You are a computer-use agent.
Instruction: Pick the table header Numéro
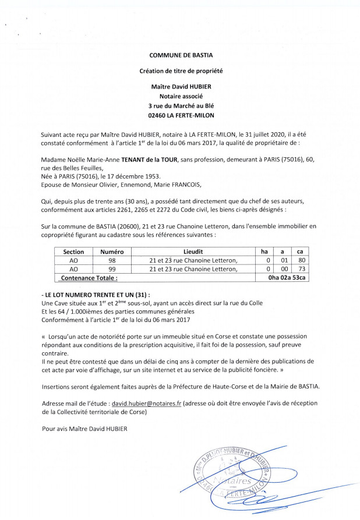[112, 252]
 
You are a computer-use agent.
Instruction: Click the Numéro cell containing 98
[112, 260]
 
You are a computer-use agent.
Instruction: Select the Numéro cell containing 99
[112, 270]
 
